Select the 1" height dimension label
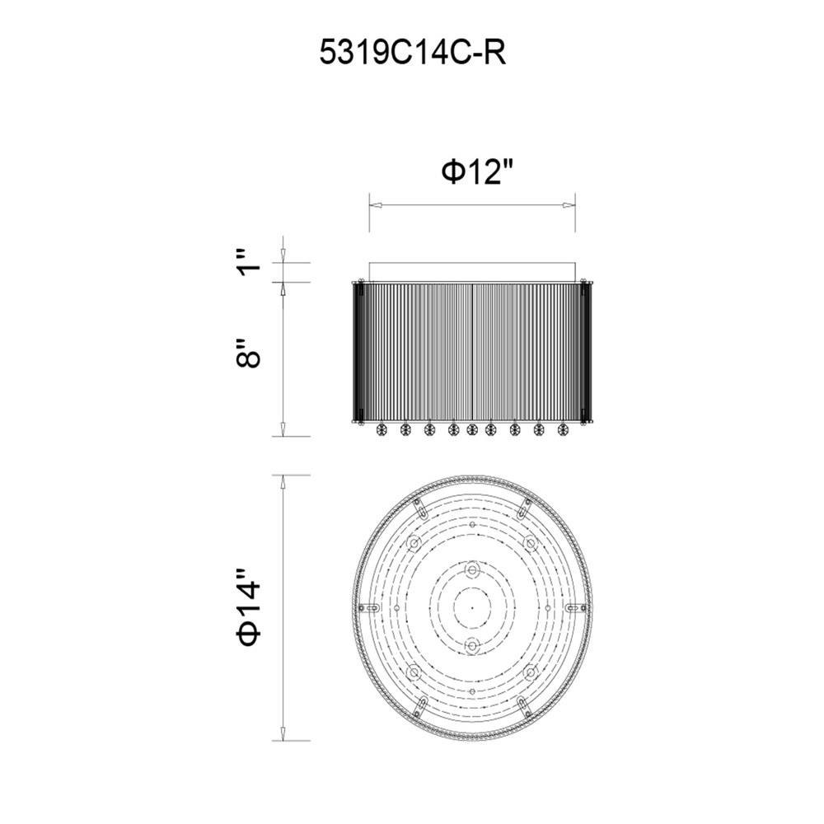(249, 263)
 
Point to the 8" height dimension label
(249, 353)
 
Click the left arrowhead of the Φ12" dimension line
(375, 205)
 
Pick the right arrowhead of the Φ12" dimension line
(569, 205)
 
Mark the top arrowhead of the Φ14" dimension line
(283, 481)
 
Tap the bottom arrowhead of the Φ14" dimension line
(283, 735)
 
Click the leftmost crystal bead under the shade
(381, 430)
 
